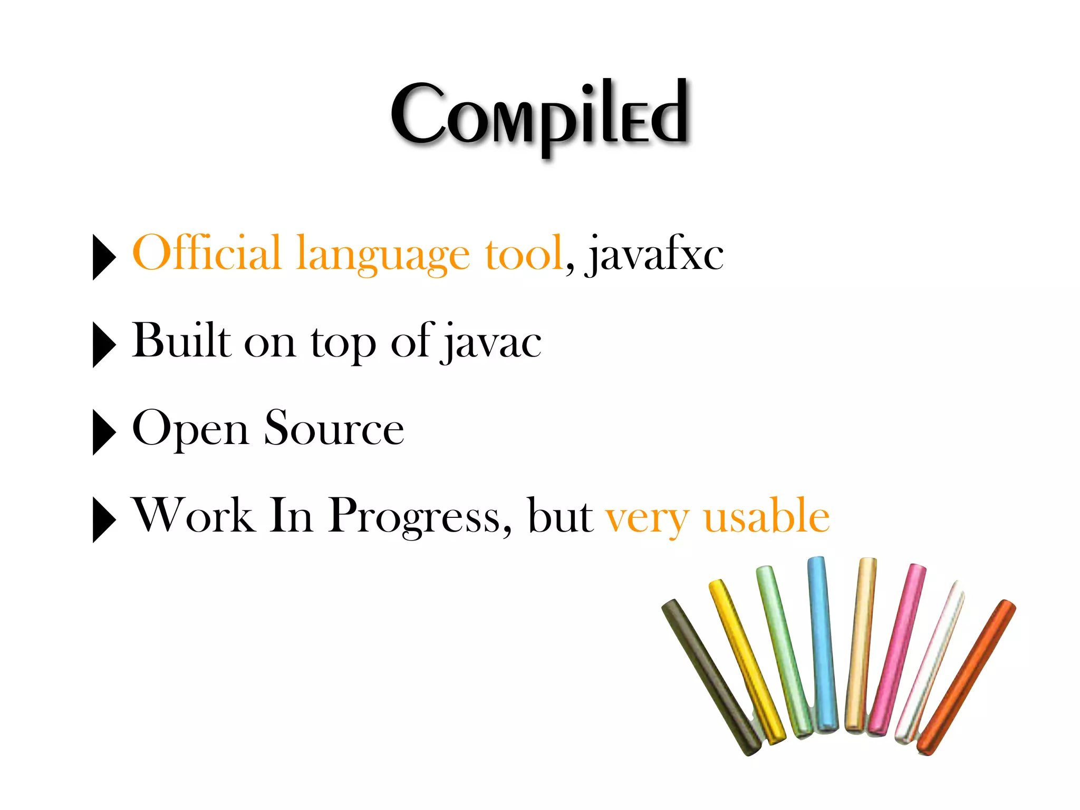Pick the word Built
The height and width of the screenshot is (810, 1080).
click(181, 341)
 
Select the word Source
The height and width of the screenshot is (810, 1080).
click(334, 428)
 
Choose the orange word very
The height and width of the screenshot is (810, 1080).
click(648, 519)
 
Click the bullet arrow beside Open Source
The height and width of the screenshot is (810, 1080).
click(104, 432)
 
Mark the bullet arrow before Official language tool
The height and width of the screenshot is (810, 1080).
click(104, 257)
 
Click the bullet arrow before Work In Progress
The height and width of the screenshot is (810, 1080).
click(104, 519)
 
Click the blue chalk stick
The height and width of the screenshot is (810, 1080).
click(823, 643)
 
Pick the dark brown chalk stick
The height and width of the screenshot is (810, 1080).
click(709, 678)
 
